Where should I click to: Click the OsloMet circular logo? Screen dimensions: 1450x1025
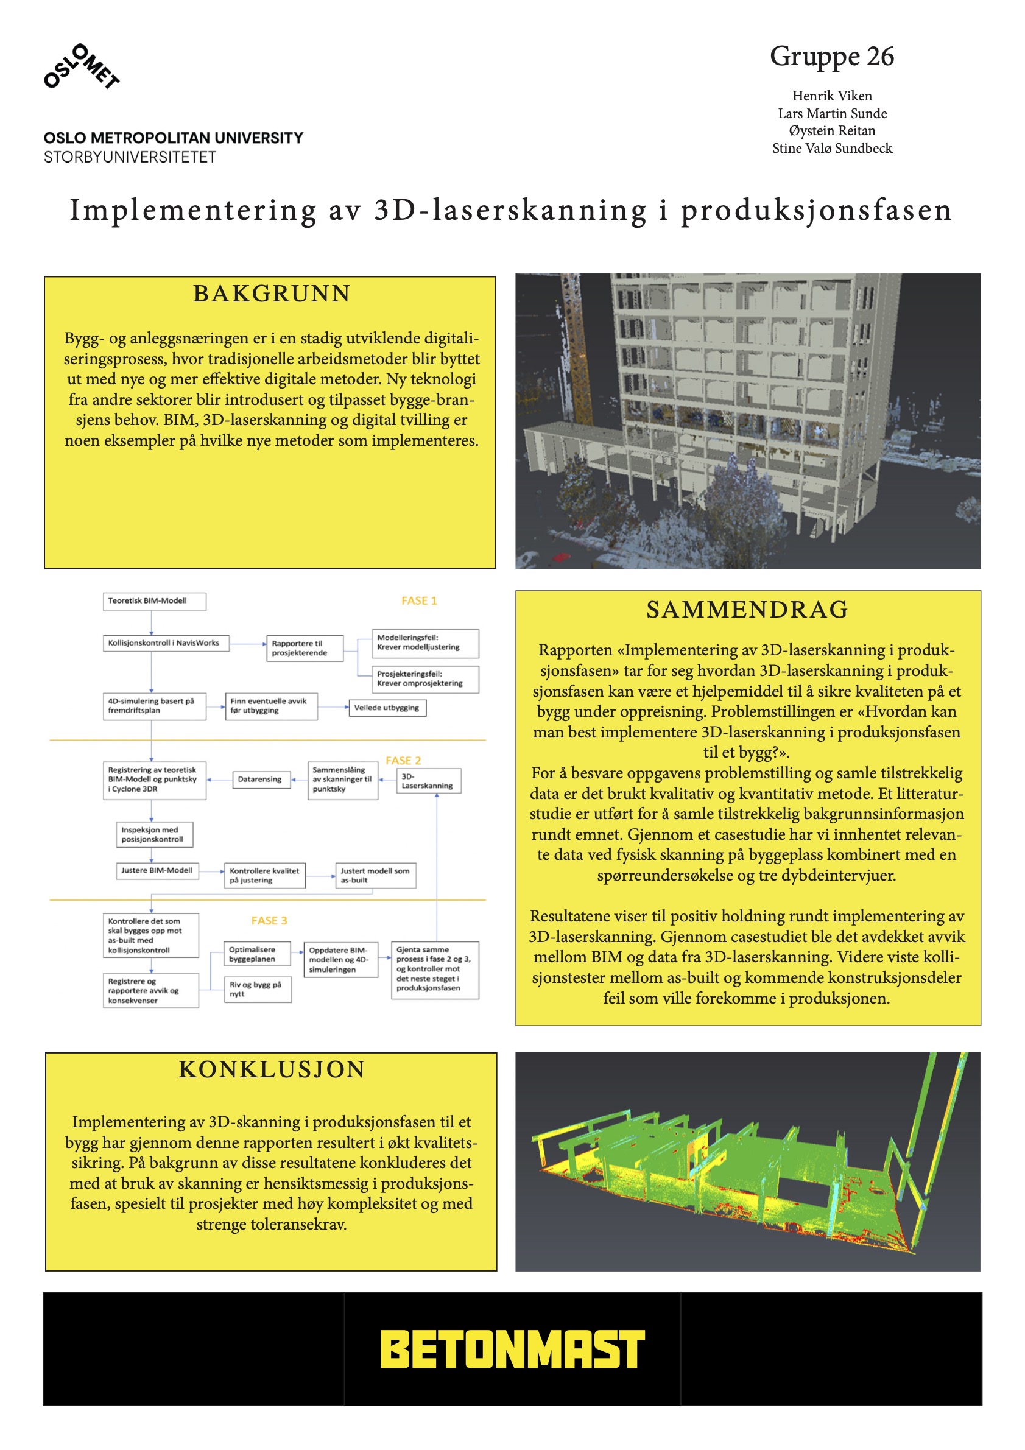click(82, 66)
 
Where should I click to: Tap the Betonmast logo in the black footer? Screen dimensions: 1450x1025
click(512, 1350)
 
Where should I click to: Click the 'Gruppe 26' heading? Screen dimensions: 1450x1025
click(832, 56)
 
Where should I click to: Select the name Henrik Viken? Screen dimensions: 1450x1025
click(832, 96)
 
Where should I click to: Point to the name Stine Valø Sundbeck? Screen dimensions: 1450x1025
click(832, 149)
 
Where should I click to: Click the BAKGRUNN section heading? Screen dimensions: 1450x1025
click(272, 294)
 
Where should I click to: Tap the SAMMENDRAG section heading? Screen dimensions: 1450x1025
click(747, 610)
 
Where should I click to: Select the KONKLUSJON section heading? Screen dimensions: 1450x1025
click(272, 1069)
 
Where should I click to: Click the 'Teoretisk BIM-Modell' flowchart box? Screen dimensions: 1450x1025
click(154, 600)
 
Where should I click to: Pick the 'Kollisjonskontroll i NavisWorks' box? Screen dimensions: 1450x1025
click(166, 643)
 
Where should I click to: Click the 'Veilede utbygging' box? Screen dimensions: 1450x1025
click(387, 708)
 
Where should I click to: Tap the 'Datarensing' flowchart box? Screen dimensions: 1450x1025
click(259, 780)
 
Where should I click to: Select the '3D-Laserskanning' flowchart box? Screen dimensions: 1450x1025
click(428, 781)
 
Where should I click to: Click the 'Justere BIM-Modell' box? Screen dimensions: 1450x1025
click(157, 870)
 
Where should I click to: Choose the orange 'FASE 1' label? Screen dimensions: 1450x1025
click(419, 600)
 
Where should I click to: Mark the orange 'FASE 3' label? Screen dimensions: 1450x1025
click(269, 921)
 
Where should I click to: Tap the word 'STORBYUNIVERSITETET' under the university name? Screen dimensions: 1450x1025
click(130, 157)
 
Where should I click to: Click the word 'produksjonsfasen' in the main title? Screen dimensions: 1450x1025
click(816, 210)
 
